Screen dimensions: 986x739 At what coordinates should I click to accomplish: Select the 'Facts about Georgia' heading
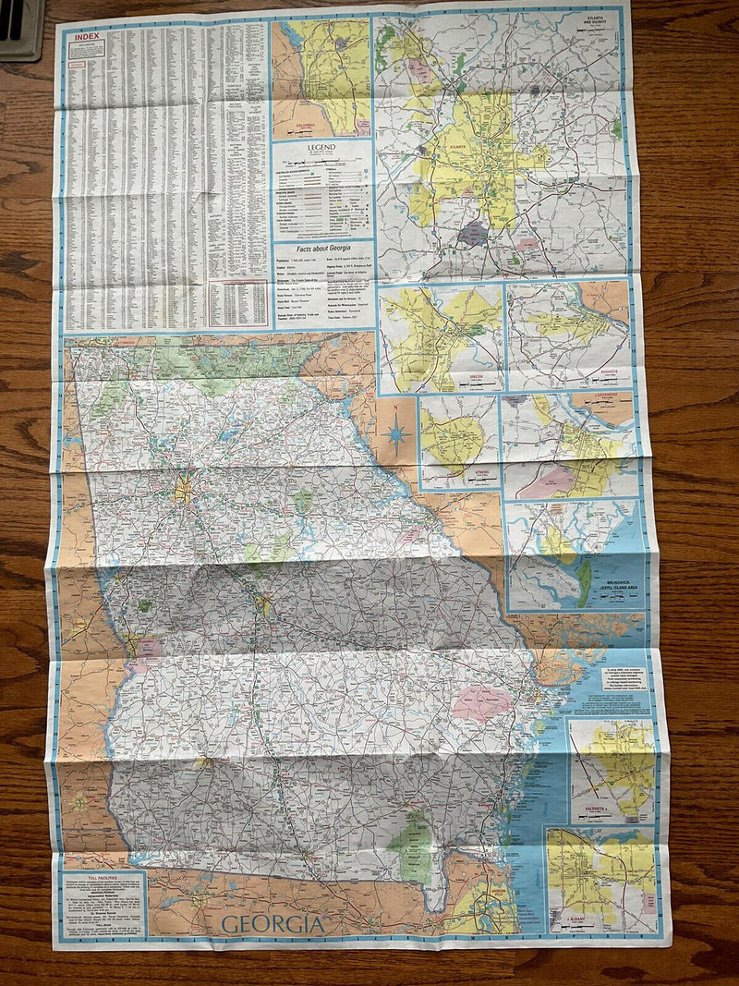coord(321,250)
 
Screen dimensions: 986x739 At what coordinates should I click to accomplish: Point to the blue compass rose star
coord(396,434)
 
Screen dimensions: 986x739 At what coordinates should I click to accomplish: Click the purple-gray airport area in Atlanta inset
coord(473,233)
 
